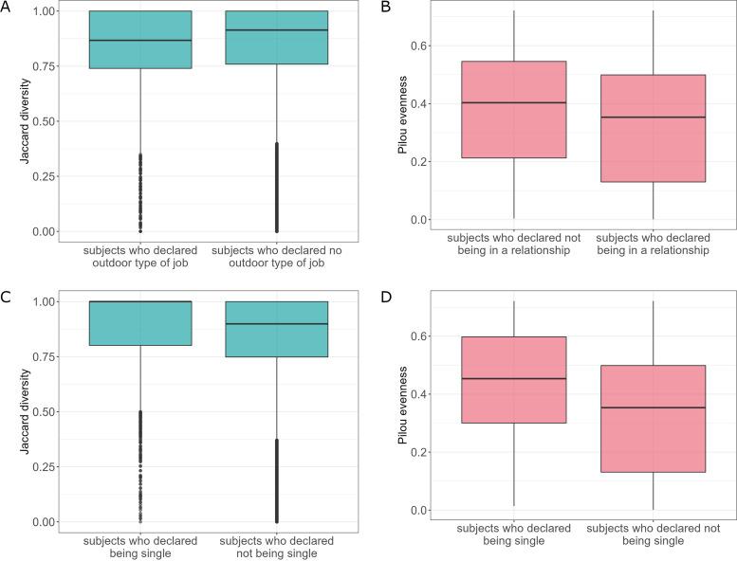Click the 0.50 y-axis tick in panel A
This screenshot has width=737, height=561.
(x=46, y=121)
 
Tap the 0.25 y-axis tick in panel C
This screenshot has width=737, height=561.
(x=46, y=467)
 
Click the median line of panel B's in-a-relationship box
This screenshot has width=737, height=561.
(x=653, y=118)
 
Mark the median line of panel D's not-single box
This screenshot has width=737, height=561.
(x=653, y=407)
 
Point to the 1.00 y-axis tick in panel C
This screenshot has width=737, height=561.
(x=46, y=301)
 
